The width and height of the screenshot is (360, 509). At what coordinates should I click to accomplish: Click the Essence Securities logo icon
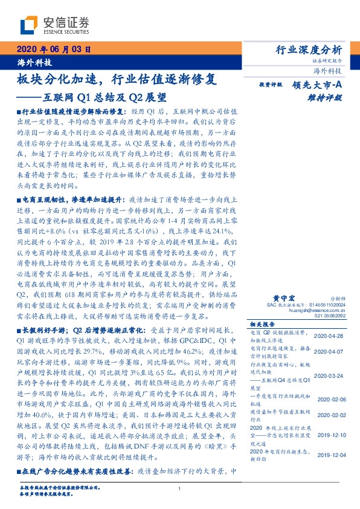click(28, 25)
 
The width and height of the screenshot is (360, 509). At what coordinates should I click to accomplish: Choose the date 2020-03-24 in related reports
click(330, 375)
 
